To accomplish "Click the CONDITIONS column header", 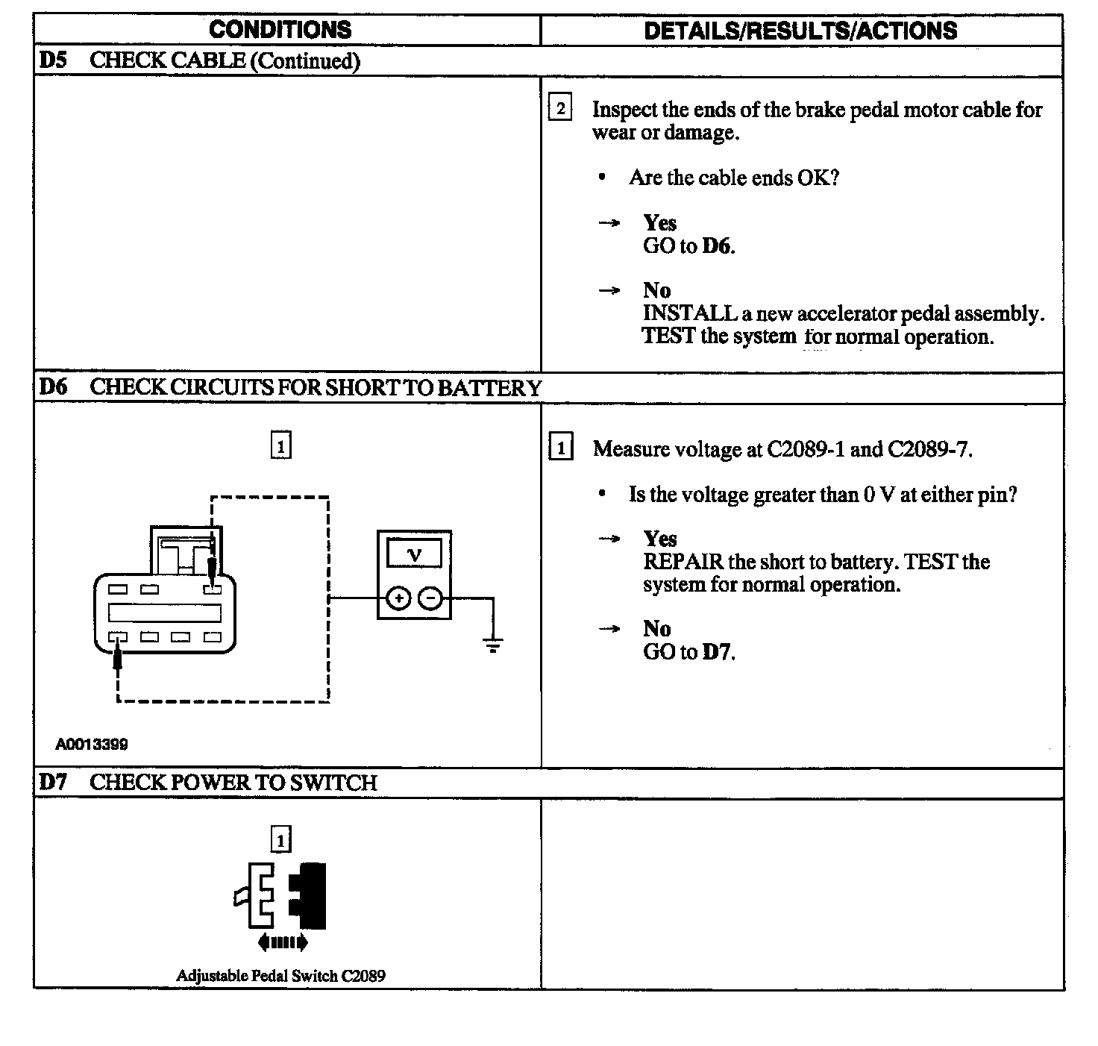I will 280,30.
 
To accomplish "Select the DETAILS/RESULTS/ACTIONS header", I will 800,31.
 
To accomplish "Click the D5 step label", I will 52,60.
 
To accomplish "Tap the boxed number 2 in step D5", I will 560,108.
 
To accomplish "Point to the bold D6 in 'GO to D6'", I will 718,246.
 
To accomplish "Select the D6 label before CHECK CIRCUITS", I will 53,387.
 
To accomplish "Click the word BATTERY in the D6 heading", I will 489,388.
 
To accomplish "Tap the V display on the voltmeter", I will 415,554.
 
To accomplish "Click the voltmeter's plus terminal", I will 398,598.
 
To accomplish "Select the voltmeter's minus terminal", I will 430,598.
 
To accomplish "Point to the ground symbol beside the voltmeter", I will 493,645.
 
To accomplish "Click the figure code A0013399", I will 92,744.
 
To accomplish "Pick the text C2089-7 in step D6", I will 929,449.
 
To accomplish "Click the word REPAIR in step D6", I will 683,562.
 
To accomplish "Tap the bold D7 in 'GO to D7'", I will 718,652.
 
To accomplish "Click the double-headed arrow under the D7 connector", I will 282,943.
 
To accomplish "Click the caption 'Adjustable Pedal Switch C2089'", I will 280,976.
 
